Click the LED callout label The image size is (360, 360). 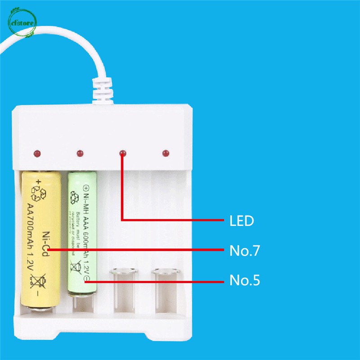click(x=242, y=221)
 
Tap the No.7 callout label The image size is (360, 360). click(x=244, y=251)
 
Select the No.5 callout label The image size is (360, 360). click(x=244, y=281)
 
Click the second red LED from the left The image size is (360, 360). click(x=80, y=154)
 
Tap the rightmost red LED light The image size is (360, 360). click(x=166, y=153)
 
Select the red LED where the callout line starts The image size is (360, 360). click(x=122, y=154)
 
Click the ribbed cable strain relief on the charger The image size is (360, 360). click(x=103, y=90)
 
